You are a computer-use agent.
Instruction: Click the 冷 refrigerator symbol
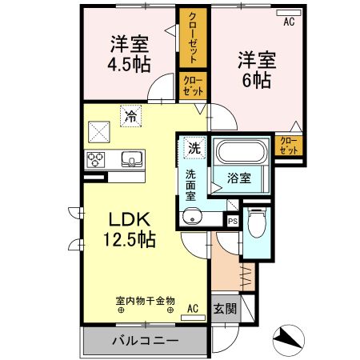[x=130, y=115]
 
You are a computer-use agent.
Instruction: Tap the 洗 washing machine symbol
[x=194, y=147]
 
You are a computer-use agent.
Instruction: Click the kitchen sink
[x=131, y=158]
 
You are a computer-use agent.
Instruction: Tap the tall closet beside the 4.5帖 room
[x=192, y=38]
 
